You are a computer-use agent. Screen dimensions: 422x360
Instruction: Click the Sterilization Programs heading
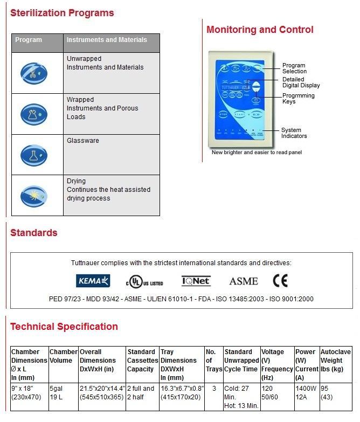pos(62,12)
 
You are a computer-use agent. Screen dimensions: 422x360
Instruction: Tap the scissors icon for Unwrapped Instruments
pos(34,72)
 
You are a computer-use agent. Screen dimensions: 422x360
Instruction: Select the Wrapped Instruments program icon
pos(34,114)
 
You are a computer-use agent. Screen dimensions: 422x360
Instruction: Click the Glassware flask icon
pos(34,155)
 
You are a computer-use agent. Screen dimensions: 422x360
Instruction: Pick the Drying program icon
pos(34,196)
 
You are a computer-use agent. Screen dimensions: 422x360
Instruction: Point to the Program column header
pos(29,40)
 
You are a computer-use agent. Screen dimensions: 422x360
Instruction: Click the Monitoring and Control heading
pos(260,30)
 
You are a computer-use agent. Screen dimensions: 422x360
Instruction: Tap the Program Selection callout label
pos(294,68)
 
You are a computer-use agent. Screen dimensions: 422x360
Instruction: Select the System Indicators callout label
pos(294,133)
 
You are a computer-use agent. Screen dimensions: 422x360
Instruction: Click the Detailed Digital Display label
pos(301,82)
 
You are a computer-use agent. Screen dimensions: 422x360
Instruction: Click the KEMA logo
pos(93,281)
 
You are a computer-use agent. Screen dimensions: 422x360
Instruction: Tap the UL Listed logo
pos(144,282)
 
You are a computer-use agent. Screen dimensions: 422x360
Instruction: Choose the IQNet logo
pos(196,281)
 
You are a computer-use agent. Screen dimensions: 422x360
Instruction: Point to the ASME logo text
pos(244,281)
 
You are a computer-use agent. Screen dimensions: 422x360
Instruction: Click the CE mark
pos(280,280)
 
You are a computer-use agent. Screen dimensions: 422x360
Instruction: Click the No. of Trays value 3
pos(214,388)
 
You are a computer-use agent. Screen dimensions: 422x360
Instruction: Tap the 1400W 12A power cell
pos(306,392)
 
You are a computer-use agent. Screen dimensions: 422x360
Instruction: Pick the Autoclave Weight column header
pos(335,361)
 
